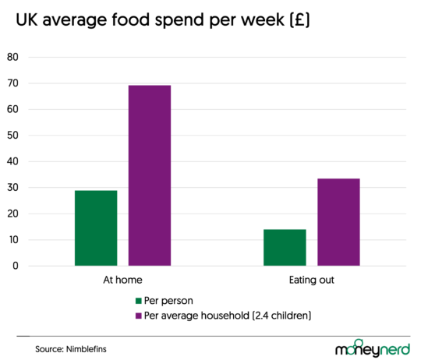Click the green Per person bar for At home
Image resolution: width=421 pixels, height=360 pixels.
pos(96,228)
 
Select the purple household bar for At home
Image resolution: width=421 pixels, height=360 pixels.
pos(150,175)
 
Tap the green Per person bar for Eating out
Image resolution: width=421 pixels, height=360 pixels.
pos(285,247)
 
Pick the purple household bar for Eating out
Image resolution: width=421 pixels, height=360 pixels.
pos(338,222)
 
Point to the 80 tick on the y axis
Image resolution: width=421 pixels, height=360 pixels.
pos(12,57)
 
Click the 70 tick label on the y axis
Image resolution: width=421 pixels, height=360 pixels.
pos(12,83)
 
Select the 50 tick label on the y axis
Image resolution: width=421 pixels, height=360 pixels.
pos(12,136)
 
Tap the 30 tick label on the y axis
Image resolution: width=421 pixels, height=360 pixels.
pos(12,188)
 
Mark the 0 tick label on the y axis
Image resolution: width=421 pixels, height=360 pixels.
pos(15,266)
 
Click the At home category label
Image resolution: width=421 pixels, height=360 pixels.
pos(122,279)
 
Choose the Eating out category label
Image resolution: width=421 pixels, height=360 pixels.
pos(311,279)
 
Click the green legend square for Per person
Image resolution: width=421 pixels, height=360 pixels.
pos(139,301)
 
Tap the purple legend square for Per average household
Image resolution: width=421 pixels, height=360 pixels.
pos(139,315)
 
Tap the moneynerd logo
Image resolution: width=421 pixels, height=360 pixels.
pos(372,349)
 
